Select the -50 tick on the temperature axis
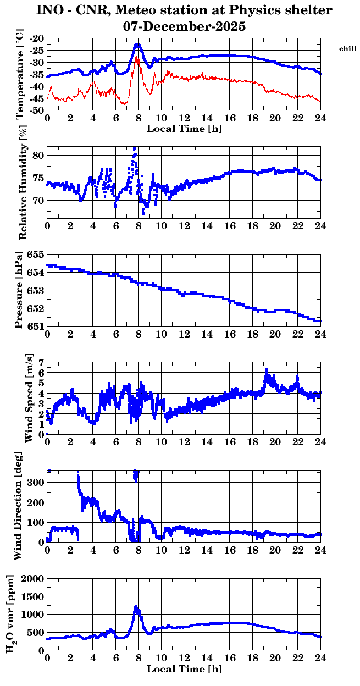coord(37,110)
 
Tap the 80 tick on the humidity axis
coord(38,155)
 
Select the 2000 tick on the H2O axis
coord(32,578)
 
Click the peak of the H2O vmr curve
coord(136,607)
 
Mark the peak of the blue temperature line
coord(137,45)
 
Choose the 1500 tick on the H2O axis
coord(32,596)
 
